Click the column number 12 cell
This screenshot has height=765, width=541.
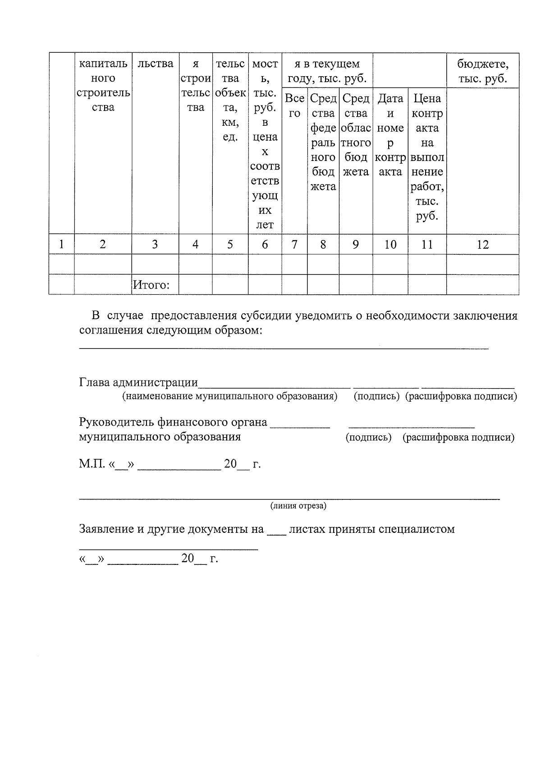point(482,244)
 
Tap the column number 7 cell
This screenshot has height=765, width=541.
point(294,244)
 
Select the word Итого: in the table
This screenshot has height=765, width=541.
point(151,285)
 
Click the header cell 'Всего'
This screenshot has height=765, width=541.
point(294,105)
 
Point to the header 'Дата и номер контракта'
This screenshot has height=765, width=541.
point(390,135)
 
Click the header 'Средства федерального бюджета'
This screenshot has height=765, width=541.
point(323,142)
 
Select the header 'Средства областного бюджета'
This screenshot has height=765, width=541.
point(356,135)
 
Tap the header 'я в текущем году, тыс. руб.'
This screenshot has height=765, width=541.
point(327,71)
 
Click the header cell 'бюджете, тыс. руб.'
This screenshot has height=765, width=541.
point(482,71)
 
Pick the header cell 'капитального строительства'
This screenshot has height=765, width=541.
point(103,86)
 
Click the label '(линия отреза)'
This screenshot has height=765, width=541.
point(298,506)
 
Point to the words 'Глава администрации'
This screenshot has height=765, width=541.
point(138,382)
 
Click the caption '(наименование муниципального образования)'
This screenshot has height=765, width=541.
point(229,396)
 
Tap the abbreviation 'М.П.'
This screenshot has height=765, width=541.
point(92,464)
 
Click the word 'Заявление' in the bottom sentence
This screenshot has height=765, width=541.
point(106,529)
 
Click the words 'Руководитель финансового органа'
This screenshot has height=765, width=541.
point(173,422)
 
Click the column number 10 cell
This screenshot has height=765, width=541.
point(390,244)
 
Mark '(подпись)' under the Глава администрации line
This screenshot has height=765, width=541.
point(376,396)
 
